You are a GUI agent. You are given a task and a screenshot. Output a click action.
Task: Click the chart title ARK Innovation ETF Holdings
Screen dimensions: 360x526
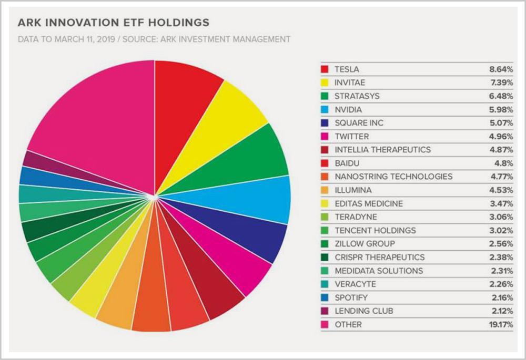point(114,23)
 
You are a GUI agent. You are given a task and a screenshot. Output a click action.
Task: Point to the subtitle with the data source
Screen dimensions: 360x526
point(154,39)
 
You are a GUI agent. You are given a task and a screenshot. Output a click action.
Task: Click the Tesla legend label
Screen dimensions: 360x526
point(347,69)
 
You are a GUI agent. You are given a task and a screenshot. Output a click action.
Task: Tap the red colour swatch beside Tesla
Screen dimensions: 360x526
point(325,69)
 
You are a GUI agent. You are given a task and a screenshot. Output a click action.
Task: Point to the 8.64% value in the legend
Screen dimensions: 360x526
point(501,69)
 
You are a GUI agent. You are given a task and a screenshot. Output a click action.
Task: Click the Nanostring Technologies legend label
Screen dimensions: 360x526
point(393,177)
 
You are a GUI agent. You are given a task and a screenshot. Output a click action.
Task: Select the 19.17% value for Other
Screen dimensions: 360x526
point(500,325)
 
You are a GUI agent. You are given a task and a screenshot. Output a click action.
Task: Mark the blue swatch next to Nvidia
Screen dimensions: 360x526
point(325,110)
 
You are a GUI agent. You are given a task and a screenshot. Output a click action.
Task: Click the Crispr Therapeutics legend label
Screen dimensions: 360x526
point(379,258)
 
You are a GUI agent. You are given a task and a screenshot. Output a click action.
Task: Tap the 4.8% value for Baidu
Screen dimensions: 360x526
point(504,163)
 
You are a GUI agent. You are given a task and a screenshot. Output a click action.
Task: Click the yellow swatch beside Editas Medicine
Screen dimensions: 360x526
point(325,204)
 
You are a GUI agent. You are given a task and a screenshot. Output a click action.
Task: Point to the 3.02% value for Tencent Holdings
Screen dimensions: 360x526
point(501,231)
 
